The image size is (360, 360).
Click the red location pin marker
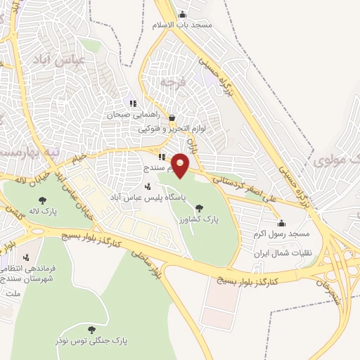pos(181,165)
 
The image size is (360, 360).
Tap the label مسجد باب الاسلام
pos(182,25)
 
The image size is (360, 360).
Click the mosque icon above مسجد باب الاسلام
pos(183,15)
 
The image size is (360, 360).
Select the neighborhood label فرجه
pos(171,82)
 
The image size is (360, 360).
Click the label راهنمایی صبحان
pos(134,114)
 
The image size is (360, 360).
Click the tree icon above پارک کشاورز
pos(199,208)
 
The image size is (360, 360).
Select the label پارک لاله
pos(44,211)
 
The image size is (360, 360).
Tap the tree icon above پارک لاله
pos(43,200)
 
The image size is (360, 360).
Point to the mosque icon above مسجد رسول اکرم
pos(281,224)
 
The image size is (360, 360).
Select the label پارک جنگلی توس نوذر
pos(91,341)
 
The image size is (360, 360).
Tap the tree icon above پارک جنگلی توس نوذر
pos(91,330)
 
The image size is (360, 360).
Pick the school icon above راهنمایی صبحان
pos(134,103)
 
